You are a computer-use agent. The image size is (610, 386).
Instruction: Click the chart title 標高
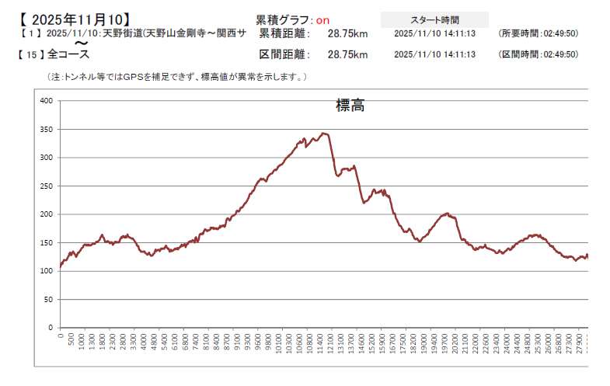coord(350,106)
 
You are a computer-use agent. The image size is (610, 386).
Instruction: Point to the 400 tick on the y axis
coord(46,101)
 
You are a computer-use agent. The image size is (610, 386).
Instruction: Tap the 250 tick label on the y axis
coord(46,186)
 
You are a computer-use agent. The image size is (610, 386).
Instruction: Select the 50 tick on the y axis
coord(48,300)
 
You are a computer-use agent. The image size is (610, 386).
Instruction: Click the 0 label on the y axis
coord(51,328)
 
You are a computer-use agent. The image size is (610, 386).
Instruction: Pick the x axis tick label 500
coord(71,342)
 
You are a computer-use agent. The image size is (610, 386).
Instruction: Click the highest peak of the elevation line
coord(323,133)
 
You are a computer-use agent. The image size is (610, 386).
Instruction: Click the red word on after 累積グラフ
coord(322,19)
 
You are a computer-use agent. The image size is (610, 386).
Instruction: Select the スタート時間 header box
coord(434,19)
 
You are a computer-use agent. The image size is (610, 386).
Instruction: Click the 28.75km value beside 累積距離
coord(347,34)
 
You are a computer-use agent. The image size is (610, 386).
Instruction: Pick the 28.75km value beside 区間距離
coord(347,54)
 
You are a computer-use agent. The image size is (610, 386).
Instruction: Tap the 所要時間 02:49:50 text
coord(539,34)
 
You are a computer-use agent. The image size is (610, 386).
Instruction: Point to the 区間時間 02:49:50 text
coord(539,54)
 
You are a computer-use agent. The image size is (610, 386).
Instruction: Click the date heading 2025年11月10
coord(71,18)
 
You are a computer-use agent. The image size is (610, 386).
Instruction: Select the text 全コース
coord(68,54)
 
